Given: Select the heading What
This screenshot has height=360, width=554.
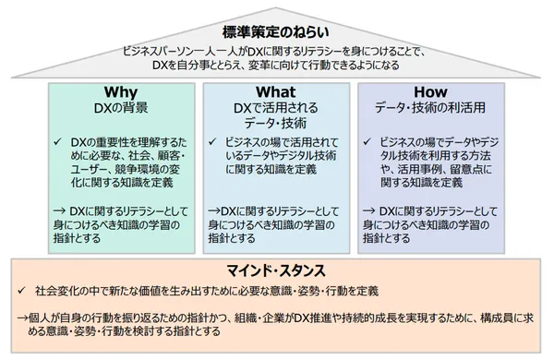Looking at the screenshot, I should point(276,93).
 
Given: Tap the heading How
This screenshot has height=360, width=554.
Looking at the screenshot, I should point(430,93).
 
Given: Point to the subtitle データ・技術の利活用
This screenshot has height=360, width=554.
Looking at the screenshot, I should point(430,109).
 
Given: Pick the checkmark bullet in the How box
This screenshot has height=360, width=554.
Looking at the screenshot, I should point(369,142).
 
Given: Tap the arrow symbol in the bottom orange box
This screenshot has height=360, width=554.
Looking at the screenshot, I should point(20,318).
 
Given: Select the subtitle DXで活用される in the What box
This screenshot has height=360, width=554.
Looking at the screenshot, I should point(276,109).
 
